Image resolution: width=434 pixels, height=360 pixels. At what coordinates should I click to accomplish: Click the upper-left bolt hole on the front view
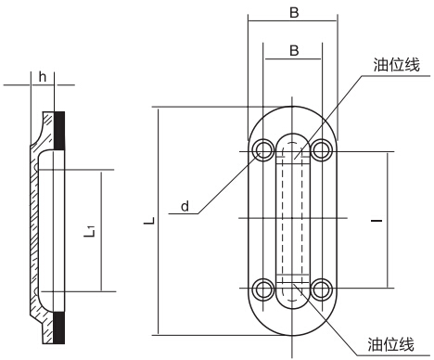tap(263, 150)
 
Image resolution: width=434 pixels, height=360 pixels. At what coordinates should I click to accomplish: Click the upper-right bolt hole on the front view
tap(322, 150)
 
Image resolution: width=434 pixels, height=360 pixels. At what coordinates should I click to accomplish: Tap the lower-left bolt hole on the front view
tap(263, 289)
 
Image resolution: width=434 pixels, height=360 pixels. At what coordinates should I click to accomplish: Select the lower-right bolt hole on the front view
tap(322, 289)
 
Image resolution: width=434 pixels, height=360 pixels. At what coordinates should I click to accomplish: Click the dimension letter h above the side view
tap(43, 77)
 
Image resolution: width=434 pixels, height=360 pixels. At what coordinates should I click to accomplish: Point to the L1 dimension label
tap(90, 232)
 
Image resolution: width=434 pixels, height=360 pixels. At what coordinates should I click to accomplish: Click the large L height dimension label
tap(149, 221)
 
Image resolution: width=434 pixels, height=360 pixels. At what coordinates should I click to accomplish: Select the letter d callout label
tap(185, 206)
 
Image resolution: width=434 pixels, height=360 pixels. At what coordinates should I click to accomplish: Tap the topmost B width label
tap(294, 13)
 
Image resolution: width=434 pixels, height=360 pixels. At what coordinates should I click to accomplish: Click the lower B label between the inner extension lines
tap(294, 50)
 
